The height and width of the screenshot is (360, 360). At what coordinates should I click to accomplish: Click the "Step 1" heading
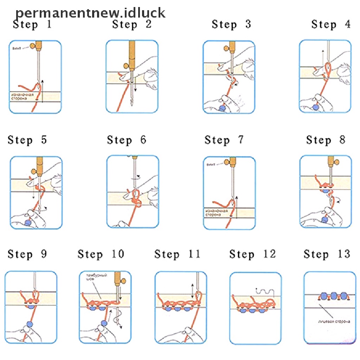click(32, 25)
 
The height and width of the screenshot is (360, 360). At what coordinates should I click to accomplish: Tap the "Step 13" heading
click(327, 254)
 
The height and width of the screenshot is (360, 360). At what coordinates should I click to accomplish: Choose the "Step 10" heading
click(101, 254)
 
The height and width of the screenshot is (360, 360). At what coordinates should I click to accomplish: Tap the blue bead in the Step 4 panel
click(315, 106)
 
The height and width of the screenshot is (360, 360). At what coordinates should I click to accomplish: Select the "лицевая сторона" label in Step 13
click(333, 321)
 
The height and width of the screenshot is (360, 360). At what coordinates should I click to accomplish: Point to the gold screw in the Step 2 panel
click(127, 65)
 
